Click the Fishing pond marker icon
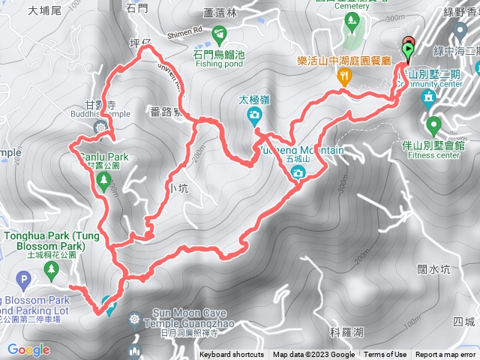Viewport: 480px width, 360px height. [x=219, y=34]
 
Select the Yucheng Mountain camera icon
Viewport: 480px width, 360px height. [x=298, y=173]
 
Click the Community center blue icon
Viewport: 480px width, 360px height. [x=428, y=97]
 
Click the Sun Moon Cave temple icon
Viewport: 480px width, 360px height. [x=135, y=319]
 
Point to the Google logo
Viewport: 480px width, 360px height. [x=28, y=349]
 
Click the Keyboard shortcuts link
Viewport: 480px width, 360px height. [x=232, y=355]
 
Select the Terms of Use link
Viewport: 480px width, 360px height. [x=385, y=355]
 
